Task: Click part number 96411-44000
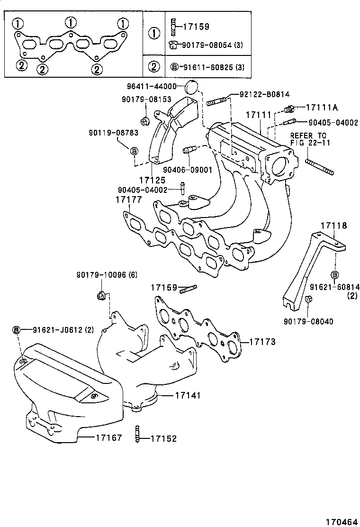[x=151, y=86]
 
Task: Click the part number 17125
[x=152, y=181]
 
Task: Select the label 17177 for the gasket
[x=128, y=200]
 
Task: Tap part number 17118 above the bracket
[x=333, y=226]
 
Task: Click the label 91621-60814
[x=335, y=287]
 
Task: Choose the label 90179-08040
[x=308, y=321]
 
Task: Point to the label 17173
[x=262, y=341]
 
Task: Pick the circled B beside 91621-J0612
[x=16, y=330]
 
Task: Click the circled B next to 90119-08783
[x=134, y=151]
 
